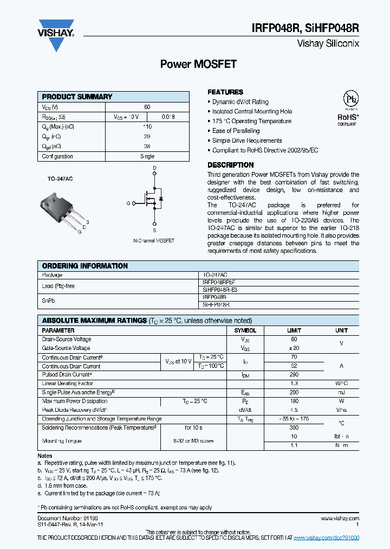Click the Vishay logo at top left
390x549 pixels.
(55, 34)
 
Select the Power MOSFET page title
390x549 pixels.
(198, 64)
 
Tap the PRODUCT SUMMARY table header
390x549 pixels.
(77, 97)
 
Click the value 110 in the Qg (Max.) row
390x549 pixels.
(147, 126)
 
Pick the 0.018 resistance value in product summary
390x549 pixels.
(167, 117)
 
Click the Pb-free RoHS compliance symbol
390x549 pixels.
(347, 106)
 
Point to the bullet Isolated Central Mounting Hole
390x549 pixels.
(252, 112)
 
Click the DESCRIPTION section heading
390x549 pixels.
(230, 165)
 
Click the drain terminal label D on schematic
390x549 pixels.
(154, 169)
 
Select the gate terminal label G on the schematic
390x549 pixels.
(128, 203)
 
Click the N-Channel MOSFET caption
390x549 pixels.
(154, 241)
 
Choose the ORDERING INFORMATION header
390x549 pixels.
(85, 266)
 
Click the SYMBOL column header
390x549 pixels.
(245, 330)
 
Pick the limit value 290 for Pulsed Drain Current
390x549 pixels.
(294, 375)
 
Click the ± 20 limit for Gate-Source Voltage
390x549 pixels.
(294, 348)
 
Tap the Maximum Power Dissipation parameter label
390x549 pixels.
(75, 401)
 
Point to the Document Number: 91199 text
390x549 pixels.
(62, 519)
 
